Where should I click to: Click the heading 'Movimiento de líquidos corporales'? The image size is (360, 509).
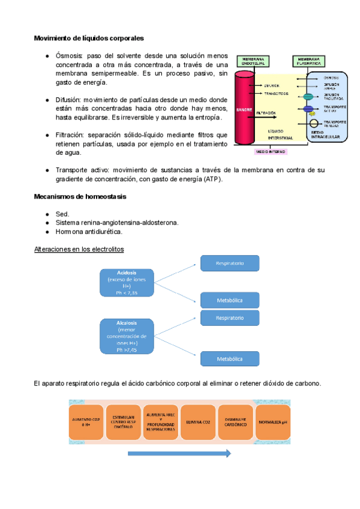[88, 38]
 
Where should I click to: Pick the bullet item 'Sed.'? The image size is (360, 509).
[62, 214]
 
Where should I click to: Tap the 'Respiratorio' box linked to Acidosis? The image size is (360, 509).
[229, 262]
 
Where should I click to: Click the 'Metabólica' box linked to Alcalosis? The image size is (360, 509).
[229, 358]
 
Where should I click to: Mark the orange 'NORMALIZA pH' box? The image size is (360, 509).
[273, 422]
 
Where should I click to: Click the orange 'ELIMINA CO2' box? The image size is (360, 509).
[198, 422]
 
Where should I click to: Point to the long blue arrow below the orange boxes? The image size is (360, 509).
[179, 453]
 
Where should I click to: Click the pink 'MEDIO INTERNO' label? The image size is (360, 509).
[271, 152]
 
